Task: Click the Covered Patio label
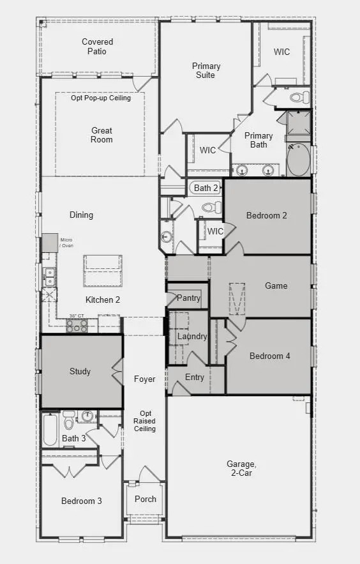pyautogui.click(x=98, y=47)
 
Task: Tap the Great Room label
pyautogui.click(x=101, y=135)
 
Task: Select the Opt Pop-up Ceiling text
pyautogui.click(x=101, y=98)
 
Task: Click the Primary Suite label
pyautogui.click(x=206, y=70)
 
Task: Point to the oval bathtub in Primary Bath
pyautogui.click(x=297, y=160)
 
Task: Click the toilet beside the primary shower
pyautogui.click(x=299, y=98)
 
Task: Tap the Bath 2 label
pyautogui.click(x=206, y=188)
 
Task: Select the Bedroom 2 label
pyautogui.click(x=266, y=215)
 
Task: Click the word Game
pyautogui.click(x=276, y=286)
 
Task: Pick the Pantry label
pyautogui.click(x=188, y=298)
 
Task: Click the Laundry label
pyautogui.click(x=192, y=336)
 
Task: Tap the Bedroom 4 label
pyautogui.click(x=269, y=356)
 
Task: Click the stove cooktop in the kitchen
pyautogui.click(x=77, y=325)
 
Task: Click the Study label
pyautogui.click(x=80, y=371)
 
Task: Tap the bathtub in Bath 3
pyautogui.click(x=50, y=430)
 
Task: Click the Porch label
pyautogui.click(x=146, y=499)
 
